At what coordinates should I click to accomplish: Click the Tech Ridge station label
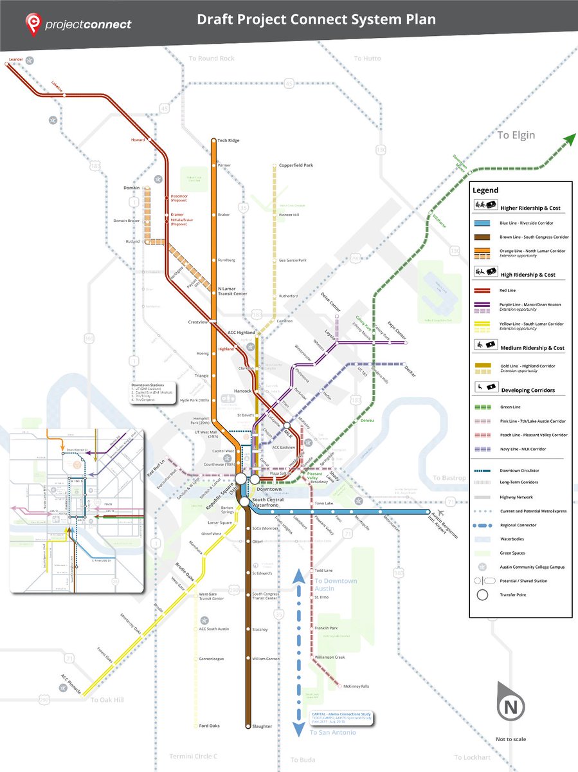229,140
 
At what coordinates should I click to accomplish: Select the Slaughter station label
262,726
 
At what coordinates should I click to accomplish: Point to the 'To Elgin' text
516,135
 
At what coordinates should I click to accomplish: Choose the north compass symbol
511,706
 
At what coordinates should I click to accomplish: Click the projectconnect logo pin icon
33,24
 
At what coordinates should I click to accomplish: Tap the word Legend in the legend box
485,190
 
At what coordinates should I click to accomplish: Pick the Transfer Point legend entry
514,594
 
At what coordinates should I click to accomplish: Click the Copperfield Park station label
296,165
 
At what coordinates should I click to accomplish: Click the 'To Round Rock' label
212,58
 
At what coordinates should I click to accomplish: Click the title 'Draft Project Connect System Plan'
316,20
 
